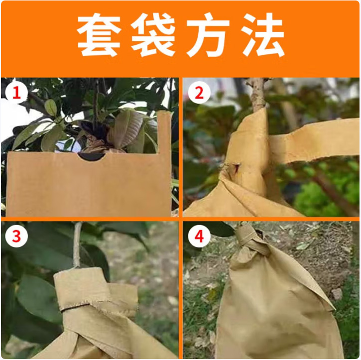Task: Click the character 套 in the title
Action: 99,34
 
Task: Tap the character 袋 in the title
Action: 153,34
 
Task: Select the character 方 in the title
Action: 208,34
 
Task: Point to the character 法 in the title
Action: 262,34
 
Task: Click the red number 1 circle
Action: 16,93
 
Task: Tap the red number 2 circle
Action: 199,93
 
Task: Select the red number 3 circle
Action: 16,236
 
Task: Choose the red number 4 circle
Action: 199,236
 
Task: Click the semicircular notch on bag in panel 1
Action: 92,156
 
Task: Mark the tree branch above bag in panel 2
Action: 257,95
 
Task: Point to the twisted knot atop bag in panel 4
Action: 251,241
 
